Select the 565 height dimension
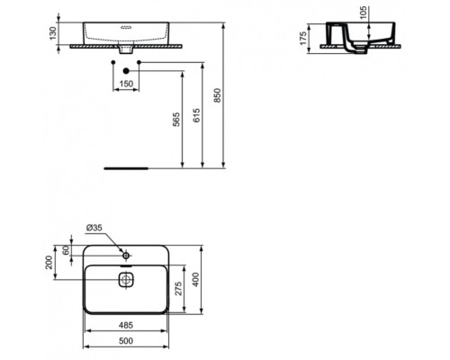177,117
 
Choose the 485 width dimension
125,325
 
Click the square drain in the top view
125,279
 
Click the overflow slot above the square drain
125,266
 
